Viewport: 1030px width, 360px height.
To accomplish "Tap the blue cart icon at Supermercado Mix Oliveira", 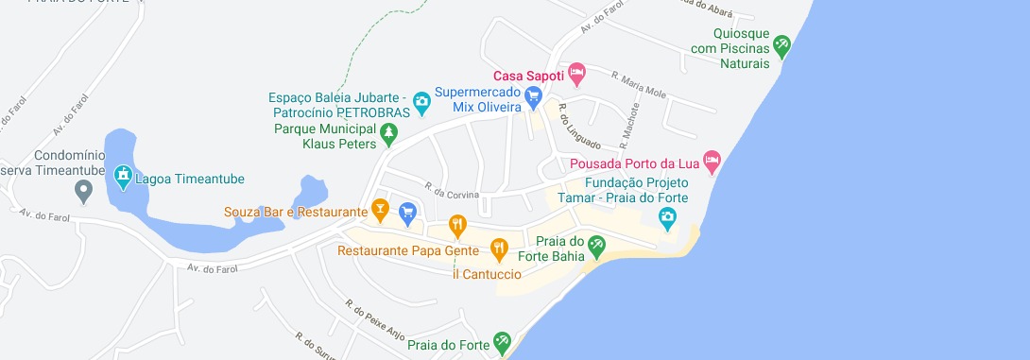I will pos(533,94).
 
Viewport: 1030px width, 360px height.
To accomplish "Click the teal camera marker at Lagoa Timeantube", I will pos(122,175).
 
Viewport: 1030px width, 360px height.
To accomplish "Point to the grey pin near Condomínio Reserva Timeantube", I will pos(84,193).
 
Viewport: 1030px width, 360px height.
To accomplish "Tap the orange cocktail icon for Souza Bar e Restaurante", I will pos(380,209).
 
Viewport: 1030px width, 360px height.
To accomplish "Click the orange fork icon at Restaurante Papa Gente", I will pos(499,250).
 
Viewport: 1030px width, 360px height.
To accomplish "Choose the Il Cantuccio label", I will pos(487,275).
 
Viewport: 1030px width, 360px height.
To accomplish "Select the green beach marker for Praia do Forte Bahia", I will pos(596,247).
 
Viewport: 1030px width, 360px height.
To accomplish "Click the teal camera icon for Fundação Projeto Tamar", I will pos(667,218).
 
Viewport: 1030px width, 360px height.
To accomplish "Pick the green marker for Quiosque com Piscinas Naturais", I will pos(781,43).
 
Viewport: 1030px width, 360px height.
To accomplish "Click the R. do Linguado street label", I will pos(579,127).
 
